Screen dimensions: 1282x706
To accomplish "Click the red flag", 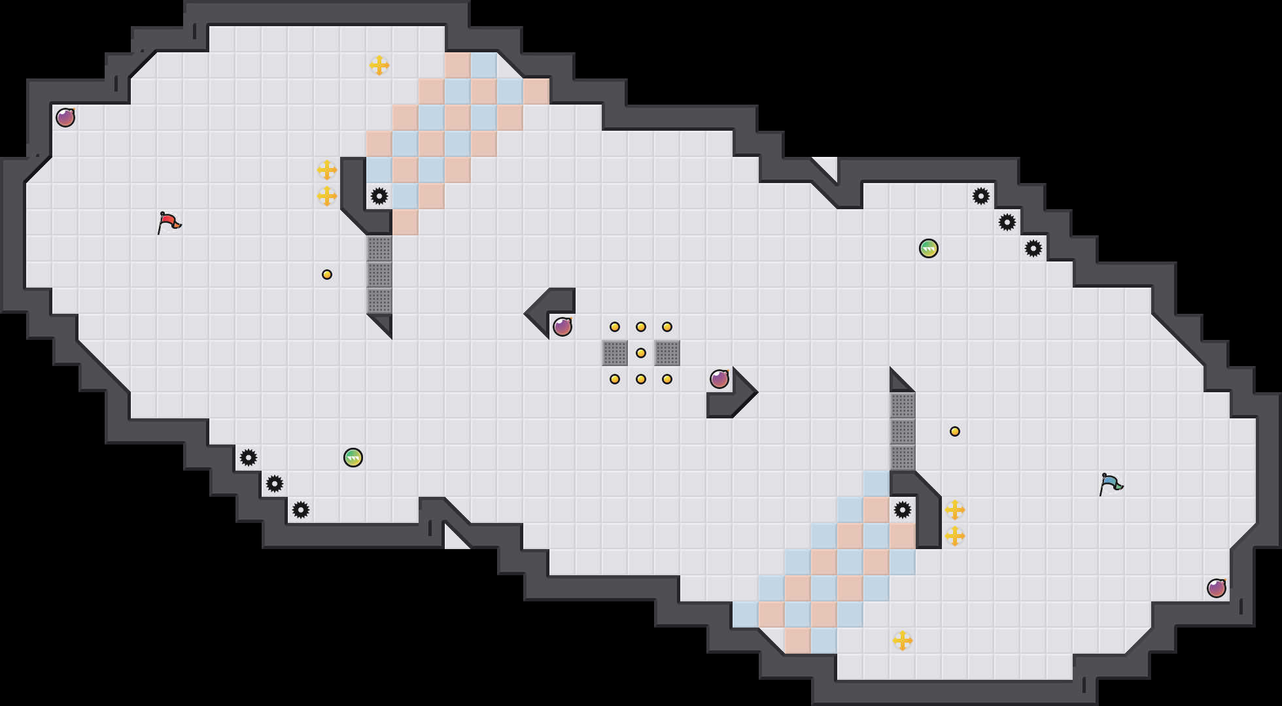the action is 169,222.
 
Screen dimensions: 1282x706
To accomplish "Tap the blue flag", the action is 1110,484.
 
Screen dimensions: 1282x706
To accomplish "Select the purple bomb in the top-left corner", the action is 65,118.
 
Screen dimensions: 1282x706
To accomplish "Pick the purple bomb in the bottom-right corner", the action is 1217,588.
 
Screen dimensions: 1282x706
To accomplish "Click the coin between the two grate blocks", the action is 641,353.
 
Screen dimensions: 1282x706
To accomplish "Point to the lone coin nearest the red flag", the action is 327,275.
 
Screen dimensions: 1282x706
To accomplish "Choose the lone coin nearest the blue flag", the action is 955,431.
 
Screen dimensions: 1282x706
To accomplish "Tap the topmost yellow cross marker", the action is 379,65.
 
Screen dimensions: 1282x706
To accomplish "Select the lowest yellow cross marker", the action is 903,641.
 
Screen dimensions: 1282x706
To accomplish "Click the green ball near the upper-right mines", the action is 929,248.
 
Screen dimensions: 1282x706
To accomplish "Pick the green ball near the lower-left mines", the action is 353,458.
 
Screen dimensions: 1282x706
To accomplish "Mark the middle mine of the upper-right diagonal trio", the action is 1007,222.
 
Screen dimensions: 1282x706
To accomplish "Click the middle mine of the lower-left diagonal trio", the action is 275,484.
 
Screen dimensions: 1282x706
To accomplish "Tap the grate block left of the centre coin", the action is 615,353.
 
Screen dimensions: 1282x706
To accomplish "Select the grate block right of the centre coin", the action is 667,353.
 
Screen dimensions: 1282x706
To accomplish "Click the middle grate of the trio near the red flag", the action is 379,275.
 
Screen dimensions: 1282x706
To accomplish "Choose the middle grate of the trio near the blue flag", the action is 903,431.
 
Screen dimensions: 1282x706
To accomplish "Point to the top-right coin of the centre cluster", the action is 667,327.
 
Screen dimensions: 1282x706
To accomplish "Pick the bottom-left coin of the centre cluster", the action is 615,379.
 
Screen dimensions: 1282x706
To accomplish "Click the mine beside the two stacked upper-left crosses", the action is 379,196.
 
